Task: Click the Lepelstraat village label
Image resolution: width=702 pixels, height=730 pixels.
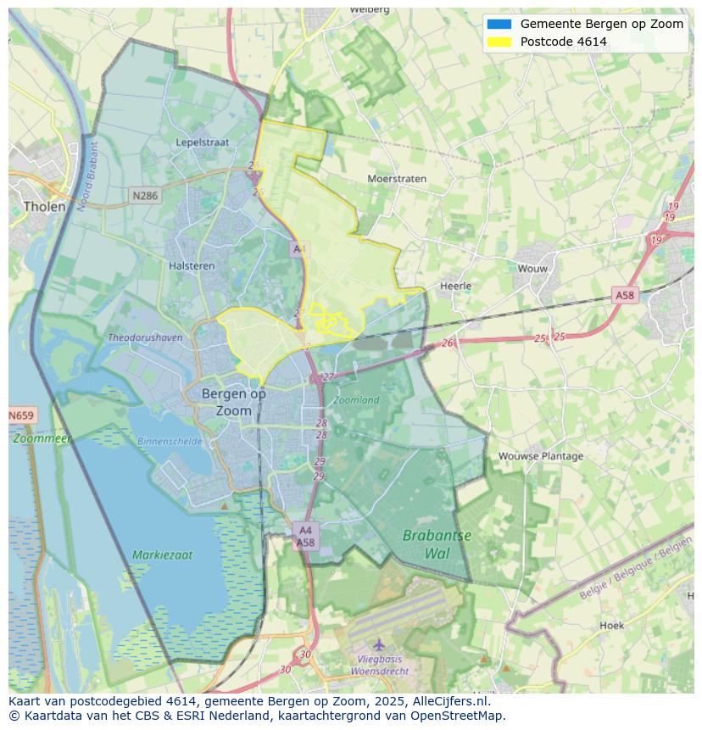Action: [x=203, y=142]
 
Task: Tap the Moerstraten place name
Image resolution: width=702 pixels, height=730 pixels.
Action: [x=397, y=179]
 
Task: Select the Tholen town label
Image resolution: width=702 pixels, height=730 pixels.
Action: [x=45, y=206]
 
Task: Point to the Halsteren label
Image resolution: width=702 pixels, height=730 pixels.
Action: [x=192, y=265]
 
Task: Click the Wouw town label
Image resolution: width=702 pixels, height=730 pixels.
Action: [x=532, y=269]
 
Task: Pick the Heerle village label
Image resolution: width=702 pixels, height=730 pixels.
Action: [x=455, y=286]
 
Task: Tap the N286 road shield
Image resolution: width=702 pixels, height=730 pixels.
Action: [x=145, y=196]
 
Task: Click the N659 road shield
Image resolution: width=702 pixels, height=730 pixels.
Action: [x=21, y=415]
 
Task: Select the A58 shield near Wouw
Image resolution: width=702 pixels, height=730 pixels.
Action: [x=624, y=295]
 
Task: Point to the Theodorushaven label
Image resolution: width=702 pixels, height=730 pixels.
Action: [x=145, y=337]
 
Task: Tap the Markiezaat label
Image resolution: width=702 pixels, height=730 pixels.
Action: [x=162, y=555]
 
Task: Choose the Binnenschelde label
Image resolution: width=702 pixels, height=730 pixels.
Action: [x=170, y=441]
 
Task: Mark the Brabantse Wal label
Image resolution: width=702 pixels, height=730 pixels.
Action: [x=437, y=544]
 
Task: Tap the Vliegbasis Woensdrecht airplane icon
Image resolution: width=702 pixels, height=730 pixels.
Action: [x=379, y=645]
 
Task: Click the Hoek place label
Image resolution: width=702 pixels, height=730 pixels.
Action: [x=611, y=626]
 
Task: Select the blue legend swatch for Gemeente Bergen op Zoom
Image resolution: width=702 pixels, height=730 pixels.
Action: [x=499, y=24]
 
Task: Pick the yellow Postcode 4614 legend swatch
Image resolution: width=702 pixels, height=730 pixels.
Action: [x=499, y=42]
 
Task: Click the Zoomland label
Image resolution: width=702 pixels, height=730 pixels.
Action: [x=356, y=399]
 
